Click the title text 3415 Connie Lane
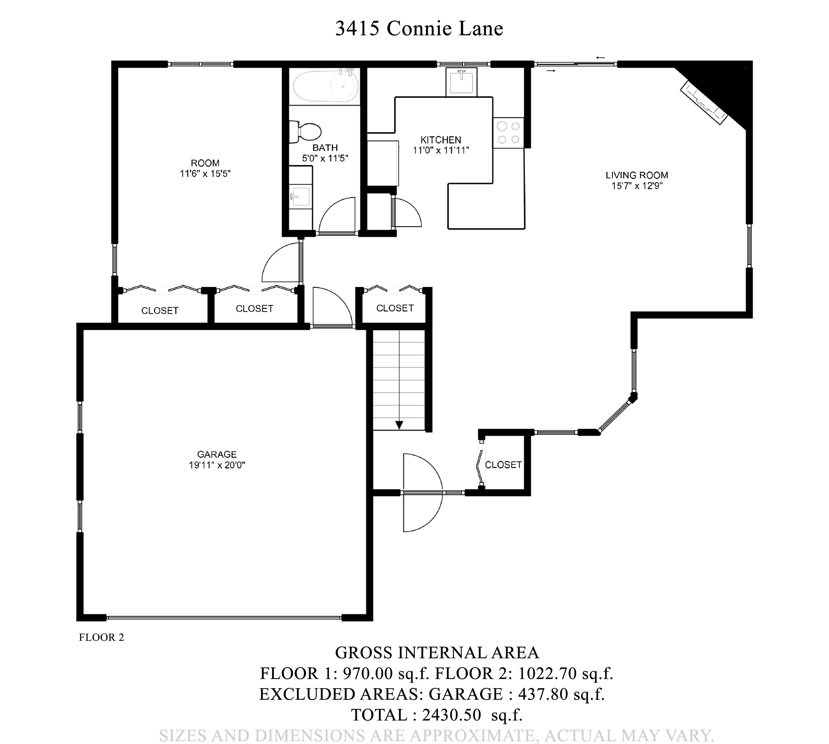(x=419, y=29)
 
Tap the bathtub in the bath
(x=326, y=86)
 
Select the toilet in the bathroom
(x=306, y=132)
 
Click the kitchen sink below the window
(x=461, y=82)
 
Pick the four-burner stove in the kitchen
(x=508, y=132)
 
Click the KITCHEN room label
(x=440, y=140)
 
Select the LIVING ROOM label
(x=637, y=175)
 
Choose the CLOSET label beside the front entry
(x=503, y=465)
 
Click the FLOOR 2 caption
(x=101, y=637)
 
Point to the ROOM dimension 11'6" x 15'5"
(x=205, y=174)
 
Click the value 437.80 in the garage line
(x=543, y=694)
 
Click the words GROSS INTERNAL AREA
(x=437, y=653)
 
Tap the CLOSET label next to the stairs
(x=395, y=308)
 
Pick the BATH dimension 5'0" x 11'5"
(x=325, y=158)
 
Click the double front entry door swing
(x=422, y=492)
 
